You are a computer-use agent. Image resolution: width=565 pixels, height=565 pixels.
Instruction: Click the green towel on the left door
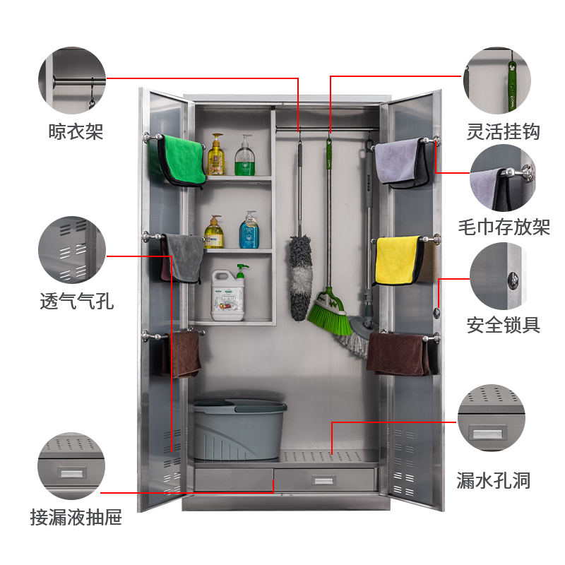coord(182,159)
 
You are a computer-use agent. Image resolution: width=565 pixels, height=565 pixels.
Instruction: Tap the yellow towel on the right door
coord(398,260)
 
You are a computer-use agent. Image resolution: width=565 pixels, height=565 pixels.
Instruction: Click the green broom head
coord(330,315)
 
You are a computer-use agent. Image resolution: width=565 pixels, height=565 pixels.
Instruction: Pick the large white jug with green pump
coord(232,297)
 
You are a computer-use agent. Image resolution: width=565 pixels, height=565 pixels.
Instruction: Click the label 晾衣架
coord(76,131)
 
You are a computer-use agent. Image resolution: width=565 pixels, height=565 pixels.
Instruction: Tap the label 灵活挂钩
coord(504,131)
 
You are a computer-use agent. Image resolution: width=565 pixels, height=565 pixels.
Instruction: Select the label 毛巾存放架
coord(504,227)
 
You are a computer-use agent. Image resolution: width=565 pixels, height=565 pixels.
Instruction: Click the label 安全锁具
coord(504,325)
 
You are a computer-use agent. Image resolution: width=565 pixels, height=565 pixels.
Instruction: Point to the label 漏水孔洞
coord(493,482)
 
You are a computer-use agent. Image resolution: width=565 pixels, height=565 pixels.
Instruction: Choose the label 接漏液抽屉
coord(76,518)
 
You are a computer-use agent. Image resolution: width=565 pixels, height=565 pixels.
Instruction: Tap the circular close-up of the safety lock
coord(497,275)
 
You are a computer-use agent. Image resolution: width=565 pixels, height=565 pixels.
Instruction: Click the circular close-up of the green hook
coord(496,81)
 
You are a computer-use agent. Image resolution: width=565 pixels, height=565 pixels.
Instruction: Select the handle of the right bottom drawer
coord(323,480)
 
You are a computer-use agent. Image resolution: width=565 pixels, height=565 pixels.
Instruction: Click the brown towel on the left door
coord(186,353)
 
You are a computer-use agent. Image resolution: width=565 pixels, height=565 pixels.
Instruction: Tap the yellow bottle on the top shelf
coord(216,157)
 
